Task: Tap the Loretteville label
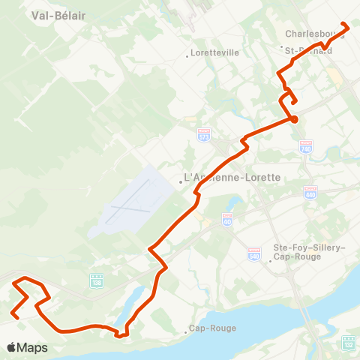pos(214,53)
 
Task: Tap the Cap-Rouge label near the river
pos(213,328)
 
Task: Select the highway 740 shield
pos(305,148)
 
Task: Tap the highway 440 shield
pos(310,193)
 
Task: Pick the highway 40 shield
pos(227,220)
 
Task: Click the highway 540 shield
pos(253,255)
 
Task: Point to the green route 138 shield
pos(96,280)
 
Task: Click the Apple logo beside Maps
pos(11,347)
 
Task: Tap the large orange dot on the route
pos(294,118)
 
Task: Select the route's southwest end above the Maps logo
pos(14,316)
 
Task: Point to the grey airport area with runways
pos(130,202)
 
